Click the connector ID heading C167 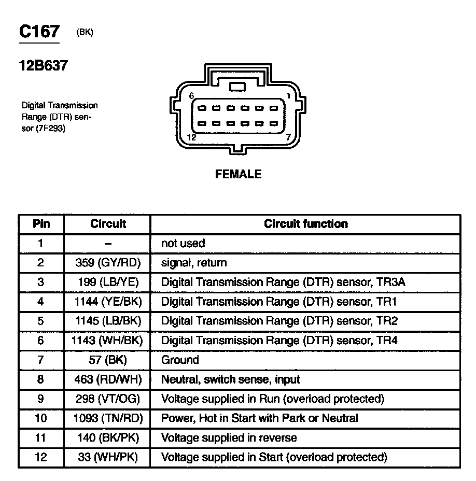coord(39,32)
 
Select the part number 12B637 coord(44,66)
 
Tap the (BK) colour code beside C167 coord(85,33)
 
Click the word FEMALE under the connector coord(238,174)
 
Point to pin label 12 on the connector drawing coord(191,137)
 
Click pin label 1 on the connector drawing coord(288,96)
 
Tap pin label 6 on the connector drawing coord(191,96)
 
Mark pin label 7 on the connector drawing coord(288,137)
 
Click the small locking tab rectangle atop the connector coord(237,87)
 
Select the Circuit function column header coord(305,224)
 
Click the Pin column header coord(41,224)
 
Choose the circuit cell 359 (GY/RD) coord(108,263)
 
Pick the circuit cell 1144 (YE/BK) coord(108,302)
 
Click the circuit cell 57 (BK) coord(108,360)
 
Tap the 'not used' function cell coord(183,243)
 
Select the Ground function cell coord(180,360)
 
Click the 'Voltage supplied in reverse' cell coord(229,437)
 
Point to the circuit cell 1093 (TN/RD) coord(108,418)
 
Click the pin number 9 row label coord(41,399)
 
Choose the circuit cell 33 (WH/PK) coord(108,457)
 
